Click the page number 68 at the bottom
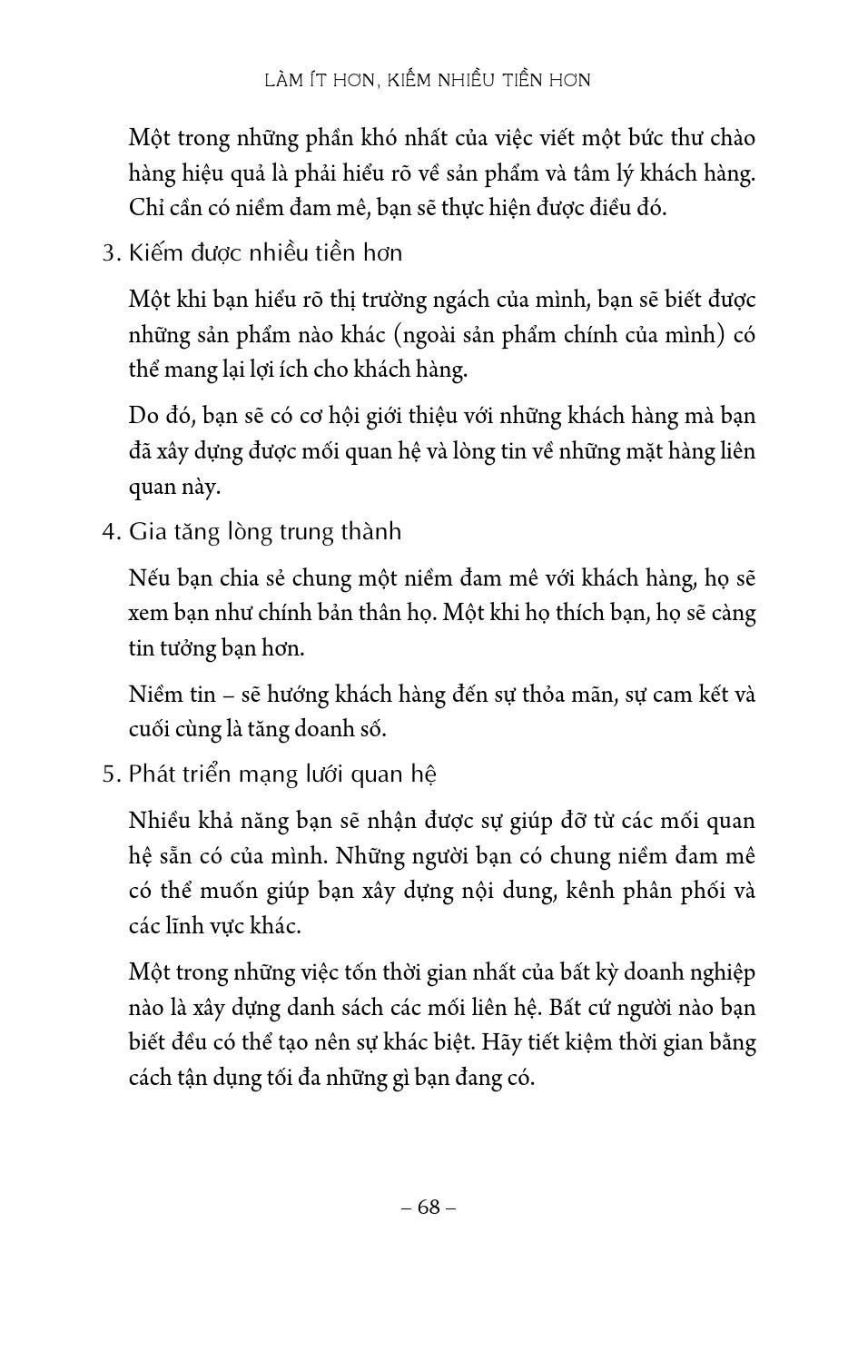coord(429,1208)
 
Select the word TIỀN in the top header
coord(498,80)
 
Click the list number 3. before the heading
coord(111,253)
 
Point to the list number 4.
coord(111,532)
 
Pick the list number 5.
coord(111,774)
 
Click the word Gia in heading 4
coord(147,532)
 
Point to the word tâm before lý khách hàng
coord(600,173)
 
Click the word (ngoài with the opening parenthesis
coord(429,335)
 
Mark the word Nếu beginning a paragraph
coord(149,577)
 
